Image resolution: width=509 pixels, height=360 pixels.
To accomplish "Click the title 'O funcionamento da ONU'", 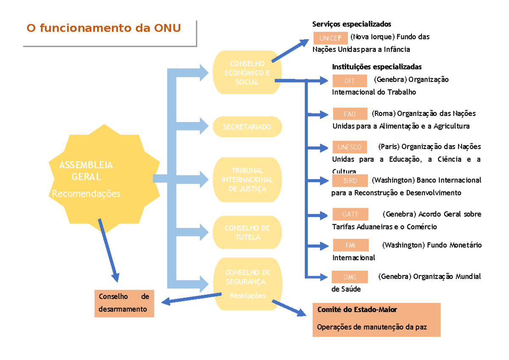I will pyautogui.click(x=103, y=28).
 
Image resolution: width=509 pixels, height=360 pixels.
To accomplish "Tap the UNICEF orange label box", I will pyautogui.click(x=330, y=38).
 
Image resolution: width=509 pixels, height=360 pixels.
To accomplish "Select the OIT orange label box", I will pyautogui.click(x=350, y=81).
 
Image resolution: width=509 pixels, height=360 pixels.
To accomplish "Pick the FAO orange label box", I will pyautogui.click(x=350, y=114).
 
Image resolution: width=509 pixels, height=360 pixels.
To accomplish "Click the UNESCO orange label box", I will pyautogui.click(x=350, y=147).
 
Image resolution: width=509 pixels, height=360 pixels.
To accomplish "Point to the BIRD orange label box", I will pyautogui.click(x=350, y=181).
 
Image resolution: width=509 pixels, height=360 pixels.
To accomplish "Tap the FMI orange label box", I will pyautogui.click(x=350, y=245).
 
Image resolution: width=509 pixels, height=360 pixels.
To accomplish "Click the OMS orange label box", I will pyautogui.click(x=350, y=277).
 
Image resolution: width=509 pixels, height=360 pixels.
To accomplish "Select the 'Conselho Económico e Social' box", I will pyautogui.click(x=247, y=73).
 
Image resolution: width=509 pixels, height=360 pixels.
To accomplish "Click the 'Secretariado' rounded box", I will pyautogui.click(x=247, y=127).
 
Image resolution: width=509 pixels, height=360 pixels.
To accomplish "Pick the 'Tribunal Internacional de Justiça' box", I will pyautogui.click(x=247, y=180).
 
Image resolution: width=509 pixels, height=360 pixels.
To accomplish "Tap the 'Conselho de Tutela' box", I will pyautogui.click(x=247, y=233).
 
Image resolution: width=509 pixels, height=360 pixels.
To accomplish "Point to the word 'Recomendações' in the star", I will pyautogui.click(x=86, y=194).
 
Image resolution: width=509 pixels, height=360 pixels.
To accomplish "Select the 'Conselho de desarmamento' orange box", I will pyautogui.click(x=124, y=303).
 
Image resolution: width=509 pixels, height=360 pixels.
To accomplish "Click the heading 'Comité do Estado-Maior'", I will pyautogui.click(x=357, y=310).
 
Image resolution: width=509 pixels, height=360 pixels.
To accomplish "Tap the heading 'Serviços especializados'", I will pyautogui.click(x=352, y=24).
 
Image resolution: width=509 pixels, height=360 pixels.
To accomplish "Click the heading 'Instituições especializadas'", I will pyautogui.click(x=377, y=67).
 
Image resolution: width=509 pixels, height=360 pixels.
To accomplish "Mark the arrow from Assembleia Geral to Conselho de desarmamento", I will pyautogui.click(x=108, y=250).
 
